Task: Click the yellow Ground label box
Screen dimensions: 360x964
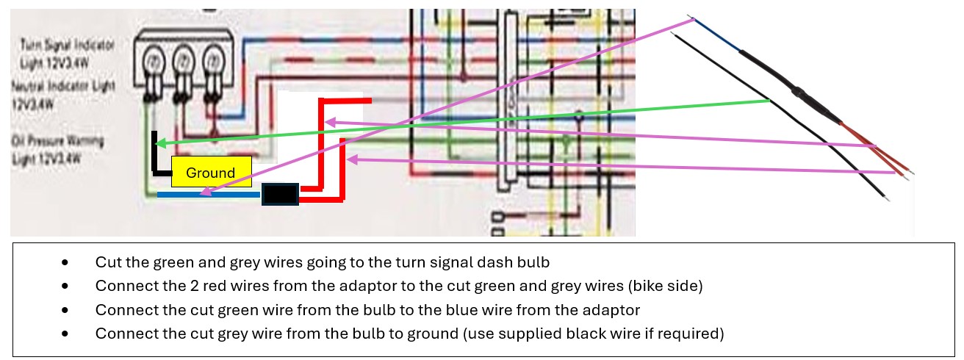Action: click(211, 172)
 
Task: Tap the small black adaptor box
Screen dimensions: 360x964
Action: click(280, 195)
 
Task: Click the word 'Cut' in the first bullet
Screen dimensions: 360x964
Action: click(106, 262)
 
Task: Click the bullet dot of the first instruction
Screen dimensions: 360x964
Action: click(66, 262)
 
